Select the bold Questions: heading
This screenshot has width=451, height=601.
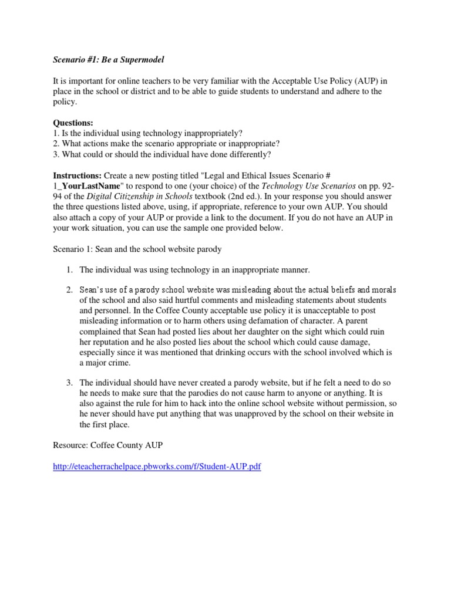pyautogui.click(x=73, y=123)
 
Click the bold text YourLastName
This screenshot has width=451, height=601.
pyautogui.click(x=86, y=187)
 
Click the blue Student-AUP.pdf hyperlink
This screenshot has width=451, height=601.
pyautogui.click(x=157, y=466)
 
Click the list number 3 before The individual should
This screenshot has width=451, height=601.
pyautogui.click(x=69, y=383)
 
